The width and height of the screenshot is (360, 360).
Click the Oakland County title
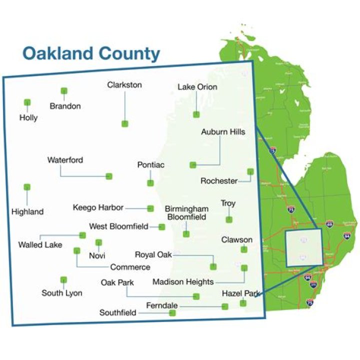pos(91,53)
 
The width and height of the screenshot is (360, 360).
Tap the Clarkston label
pos(124,85)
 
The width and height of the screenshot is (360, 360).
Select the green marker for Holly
pos(27,102)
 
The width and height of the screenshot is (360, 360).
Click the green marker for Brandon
pos(64,91)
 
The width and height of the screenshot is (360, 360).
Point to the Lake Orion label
pos(197,87)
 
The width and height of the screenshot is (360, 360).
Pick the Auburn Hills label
pos(223,132)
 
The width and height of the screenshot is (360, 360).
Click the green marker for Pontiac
pos(150,182)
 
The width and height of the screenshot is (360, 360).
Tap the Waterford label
pos(65,160)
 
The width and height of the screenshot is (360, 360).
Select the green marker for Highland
pos(27,187)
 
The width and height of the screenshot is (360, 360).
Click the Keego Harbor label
pos(98,207)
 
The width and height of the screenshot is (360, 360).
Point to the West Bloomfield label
pos(118,226)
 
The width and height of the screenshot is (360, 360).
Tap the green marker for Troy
pos(229,219)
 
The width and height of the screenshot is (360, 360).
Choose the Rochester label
pos(219,181)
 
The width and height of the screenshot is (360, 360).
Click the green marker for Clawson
pos(244,249)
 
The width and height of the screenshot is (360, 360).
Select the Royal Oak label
pos(153,255)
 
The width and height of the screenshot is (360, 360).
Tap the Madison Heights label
pos(183,282)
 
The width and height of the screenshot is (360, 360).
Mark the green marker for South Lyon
pos(63,280)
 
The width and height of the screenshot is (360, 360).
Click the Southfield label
pos(118,313)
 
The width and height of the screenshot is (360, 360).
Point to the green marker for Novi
pos(98,242)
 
